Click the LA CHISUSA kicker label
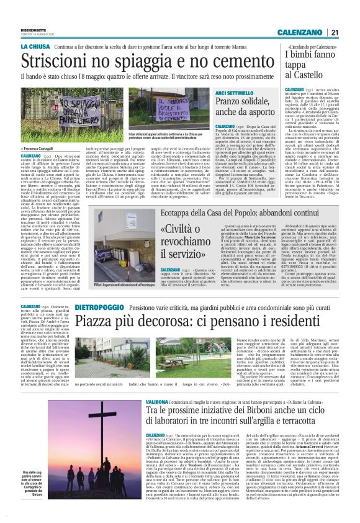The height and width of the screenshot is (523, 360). [35, 47]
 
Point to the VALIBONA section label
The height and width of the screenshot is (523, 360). [158, 402]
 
